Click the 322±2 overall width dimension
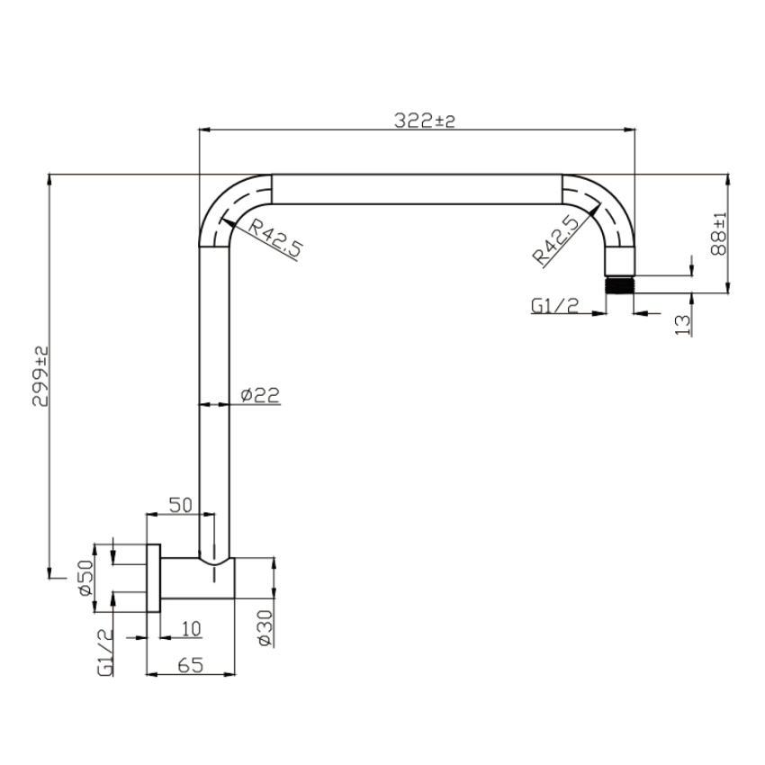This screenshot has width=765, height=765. tap(425, 121)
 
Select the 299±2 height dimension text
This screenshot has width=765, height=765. tap(40, 376)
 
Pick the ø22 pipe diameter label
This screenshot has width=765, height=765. tap(261, 394)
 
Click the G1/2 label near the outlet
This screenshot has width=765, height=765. tap(554, 307)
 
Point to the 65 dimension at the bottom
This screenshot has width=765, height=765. tap(189, 665)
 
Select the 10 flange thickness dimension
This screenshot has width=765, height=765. tap(190, 627)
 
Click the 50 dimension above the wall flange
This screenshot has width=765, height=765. tap(180, 506)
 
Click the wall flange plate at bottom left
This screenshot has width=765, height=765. tap(153, 579)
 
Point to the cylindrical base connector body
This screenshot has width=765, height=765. tap(198, 579)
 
